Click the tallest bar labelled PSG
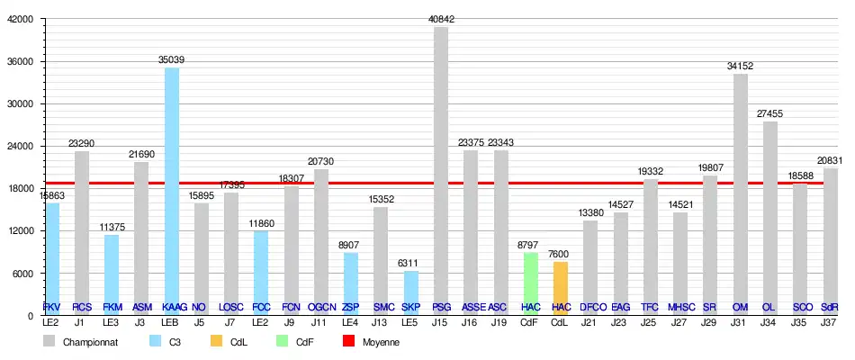(x=441, y=171)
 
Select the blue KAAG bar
(x=171, y=189)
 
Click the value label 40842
(x=441, y=20)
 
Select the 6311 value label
(x=410, y=264)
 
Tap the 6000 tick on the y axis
(x=22, y=274)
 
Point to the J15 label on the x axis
(x=441, y=321)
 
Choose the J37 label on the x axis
(x=830, y=321)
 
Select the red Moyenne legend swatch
(x=349, y=342)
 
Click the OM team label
(x=741, y=307)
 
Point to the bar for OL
(x=770, y=216)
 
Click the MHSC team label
(x=680, y=307)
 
